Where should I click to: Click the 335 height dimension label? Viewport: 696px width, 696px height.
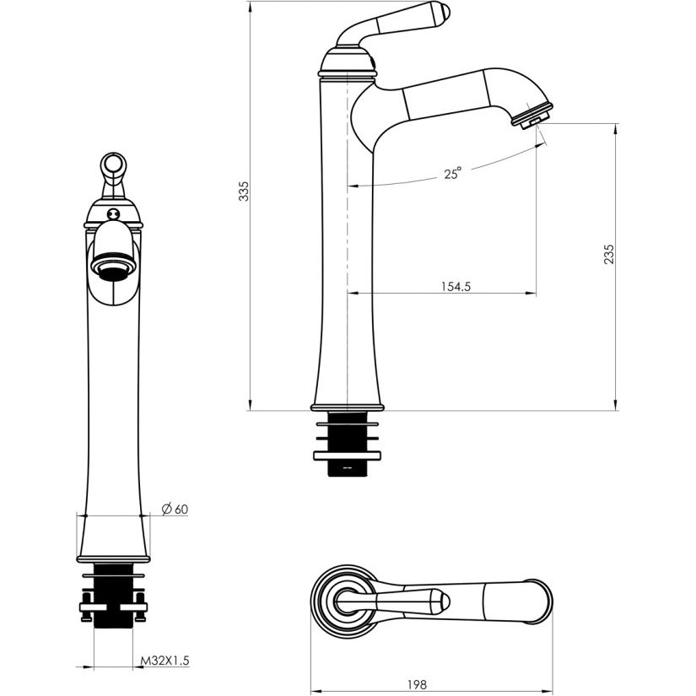click(244, 191)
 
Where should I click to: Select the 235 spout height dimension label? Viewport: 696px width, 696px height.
click(609, 254)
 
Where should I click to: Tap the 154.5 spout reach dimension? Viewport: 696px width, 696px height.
click(456, 286)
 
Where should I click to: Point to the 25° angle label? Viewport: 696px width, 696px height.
click(452, 173)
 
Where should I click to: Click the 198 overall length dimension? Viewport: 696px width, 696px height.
click(417, 684)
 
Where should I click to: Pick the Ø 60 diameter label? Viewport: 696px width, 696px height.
click(175, 509)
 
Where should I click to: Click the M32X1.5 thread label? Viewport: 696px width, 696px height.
click(165, 661)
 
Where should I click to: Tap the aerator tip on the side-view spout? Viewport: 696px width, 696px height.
click(532, 116)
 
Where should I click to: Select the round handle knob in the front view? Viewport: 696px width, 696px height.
click(113, 165)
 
